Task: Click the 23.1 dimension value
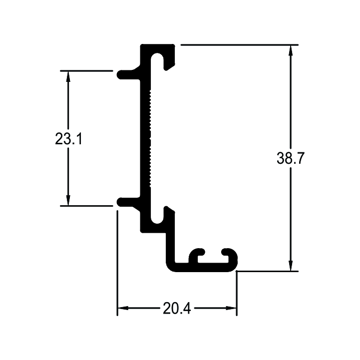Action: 68,139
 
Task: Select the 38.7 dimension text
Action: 291,158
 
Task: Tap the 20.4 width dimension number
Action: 177,308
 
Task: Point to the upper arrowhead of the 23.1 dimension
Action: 68,76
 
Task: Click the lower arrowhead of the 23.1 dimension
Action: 68,200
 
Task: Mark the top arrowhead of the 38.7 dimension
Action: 291,50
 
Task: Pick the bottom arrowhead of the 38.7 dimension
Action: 291,266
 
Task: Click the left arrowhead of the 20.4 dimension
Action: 123,308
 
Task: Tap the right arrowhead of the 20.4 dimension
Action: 231,308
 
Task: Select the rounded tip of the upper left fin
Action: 119,75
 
